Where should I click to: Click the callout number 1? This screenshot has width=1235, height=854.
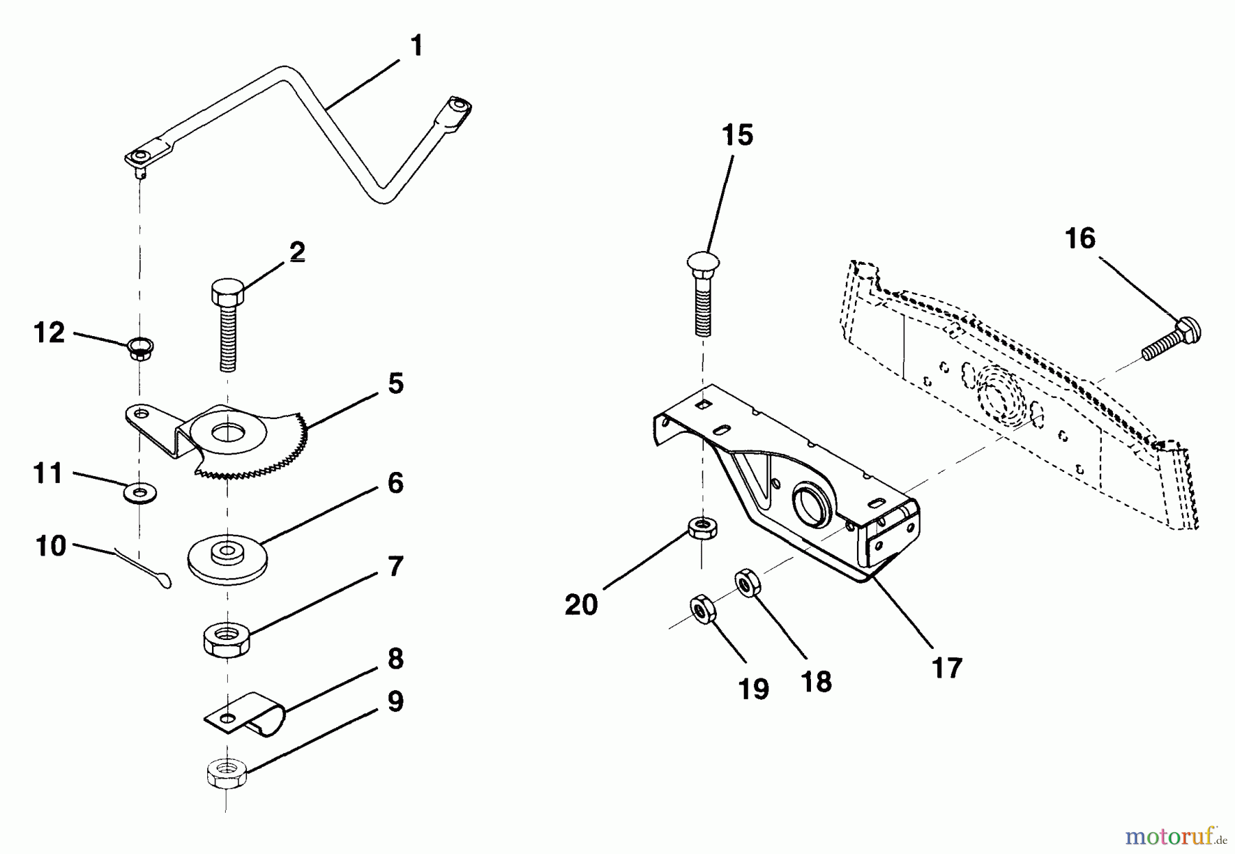[x=416, y=47]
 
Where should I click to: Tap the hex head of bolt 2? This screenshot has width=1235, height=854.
[x=228, y=294]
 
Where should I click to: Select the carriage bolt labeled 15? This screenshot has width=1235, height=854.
[x=703, y=295]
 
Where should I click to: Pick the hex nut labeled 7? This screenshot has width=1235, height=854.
[x=227, y=639]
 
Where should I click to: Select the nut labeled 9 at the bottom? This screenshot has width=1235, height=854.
[x=227, y=774]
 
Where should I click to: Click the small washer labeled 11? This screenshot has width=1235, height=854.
[x=141, y=491]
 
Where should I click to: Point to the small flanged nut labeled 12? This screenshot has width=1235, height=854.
[x=141, y=348]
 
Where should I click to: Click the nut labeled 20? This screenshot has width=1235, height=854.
[x=703, y=528]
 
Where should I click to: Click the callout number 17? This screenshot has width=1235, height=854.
[x=947, y=667]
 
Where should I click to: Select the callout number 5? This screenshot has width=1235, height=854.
[x=395, y=384]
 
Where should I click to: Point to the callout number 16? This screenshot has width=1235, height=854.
[x=1080, y=239]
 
